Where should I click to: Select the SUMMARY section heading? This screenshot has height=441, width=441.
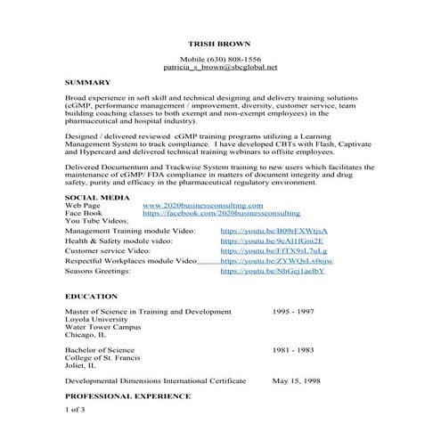pos(87,82)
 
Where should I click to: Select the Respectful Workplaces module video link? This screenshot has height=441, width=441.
pos(276,261)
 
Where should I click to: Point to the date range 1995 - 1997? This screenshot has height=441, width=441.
pos(293,312)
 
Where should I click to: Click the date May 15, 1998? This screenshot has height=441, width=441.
pos(297,380)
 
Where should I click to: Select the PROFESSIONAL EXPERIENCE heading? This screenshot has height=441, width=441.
pos(127,395)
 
